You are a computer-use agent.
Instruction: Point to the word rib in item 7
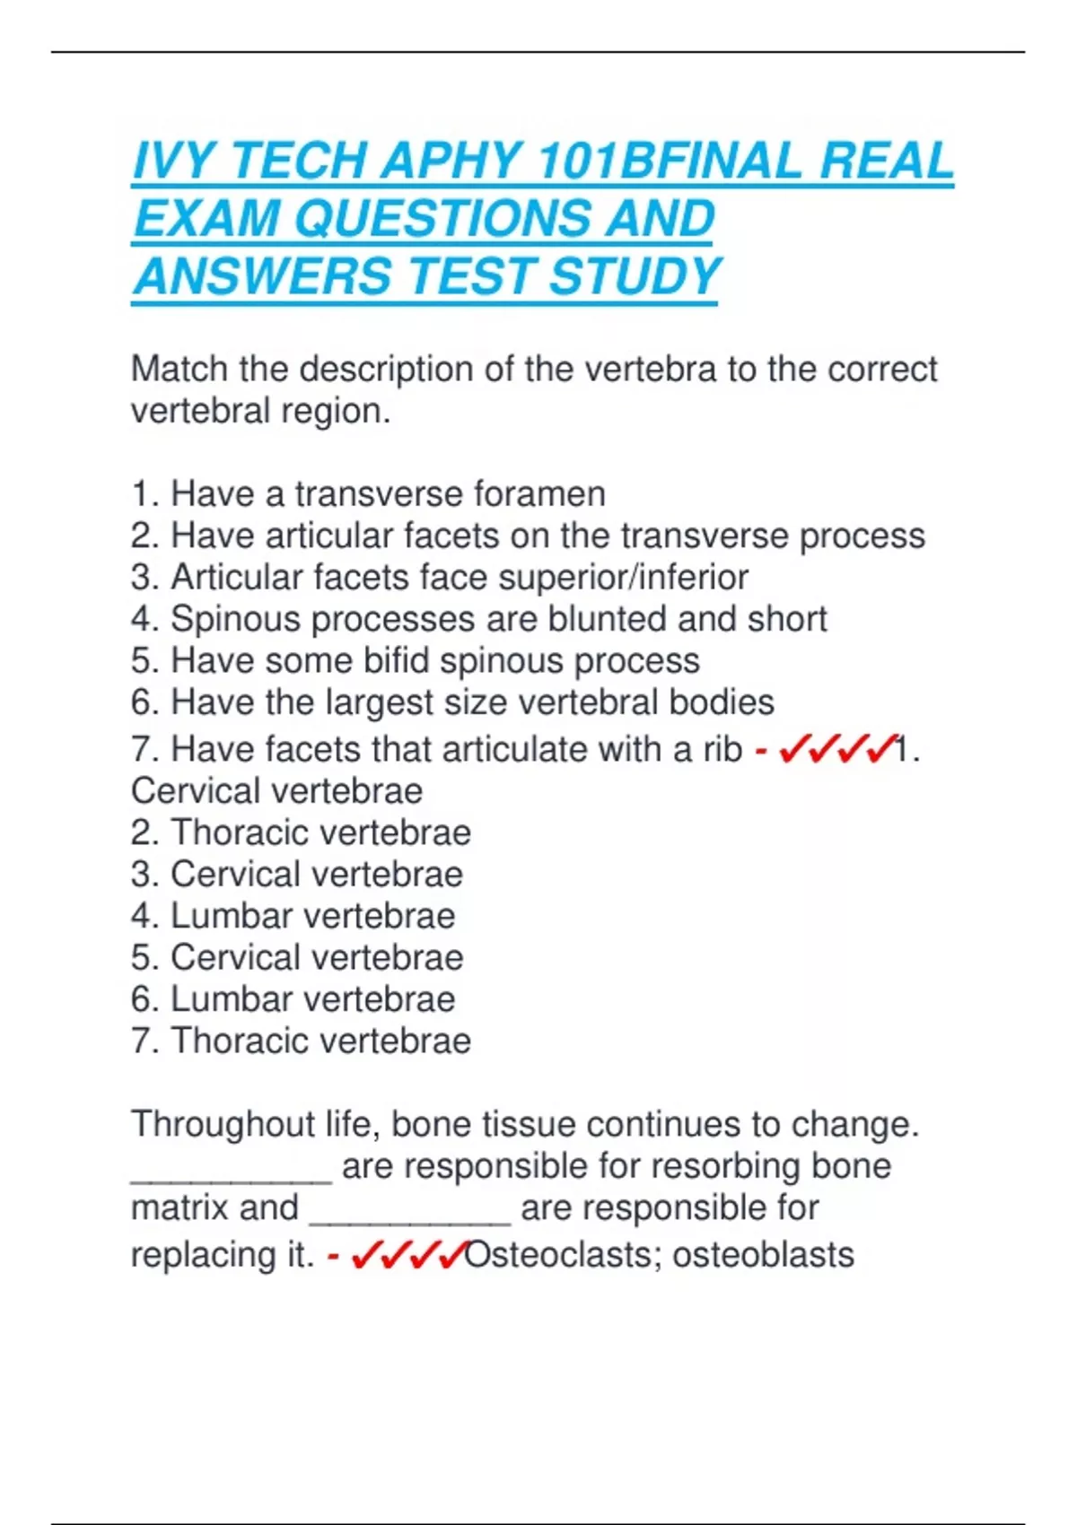pyautogui.click(x=722, y=749)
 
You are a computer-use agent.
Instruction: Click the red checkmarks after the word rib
pyautogui.click(x=837, y=749)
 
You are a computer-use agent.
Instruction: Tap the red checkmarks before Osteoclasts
pyautogui.click(x=408, y=1255)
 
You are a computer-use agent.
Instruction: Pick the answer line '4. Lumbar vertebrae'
pyautogui.click(x=293, y=916)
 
